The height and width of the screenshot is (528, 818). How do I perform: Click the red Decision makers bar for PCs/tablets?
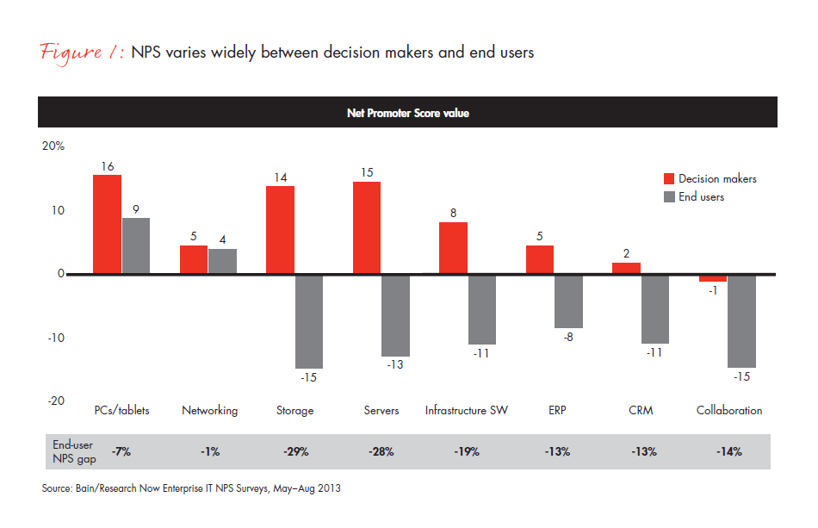coord(108,224)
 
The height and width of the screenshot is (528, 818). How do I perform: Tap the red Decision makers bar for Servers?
coord(367,227)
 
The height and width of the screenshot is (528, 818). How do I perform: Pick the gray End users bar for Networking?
coord(222,261)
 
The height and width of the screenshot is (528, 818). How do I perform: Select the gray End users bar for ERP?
coord(568,301)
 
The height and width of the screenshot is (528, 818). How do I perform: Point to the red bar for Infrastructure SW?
coord(454,248)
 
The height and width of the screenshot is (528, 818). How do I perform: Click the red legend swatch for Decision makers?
coord(668,178)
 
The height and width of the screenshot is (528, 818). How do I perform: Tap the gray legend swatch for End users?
coord(668,197)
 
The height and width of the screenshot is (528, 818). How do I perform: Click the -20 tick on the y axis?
coord(53,401)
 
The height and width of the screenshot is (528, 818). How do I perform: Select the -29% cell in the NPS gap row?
coord(295,451)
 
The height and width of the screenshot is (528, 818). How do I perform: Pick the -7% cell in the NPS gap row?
coord(121,451)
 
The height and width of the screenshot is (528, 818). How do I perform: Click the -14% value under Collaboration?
coord(728,451)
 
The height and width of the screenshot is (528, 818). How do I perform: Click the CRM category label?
coord(641,411)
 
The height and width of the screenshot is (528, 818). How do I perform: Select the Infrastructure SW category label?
coord(467,411)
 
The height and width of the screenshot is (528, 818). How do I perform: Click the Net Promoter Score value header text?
coord(408,113)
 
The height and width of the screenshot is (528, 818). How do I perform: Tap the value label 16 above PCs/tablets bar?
coord(108,165)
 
